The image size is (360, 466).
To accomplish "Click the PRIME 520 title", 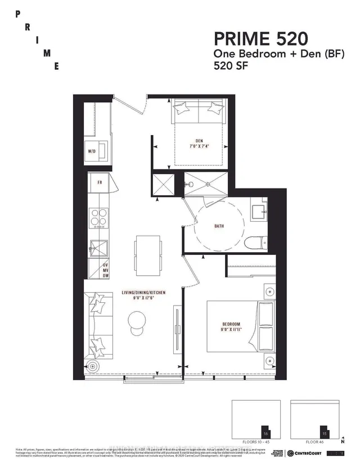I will [260, 39].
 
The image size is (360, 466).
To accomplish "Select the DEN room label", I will [200, 141].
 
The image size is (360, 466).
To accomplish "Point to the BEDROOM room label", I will [231, 324].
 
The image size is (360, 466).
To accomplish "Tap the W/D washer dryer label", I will [92, 151].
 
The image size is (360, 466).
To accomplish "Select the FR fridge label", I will [99, 183].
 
